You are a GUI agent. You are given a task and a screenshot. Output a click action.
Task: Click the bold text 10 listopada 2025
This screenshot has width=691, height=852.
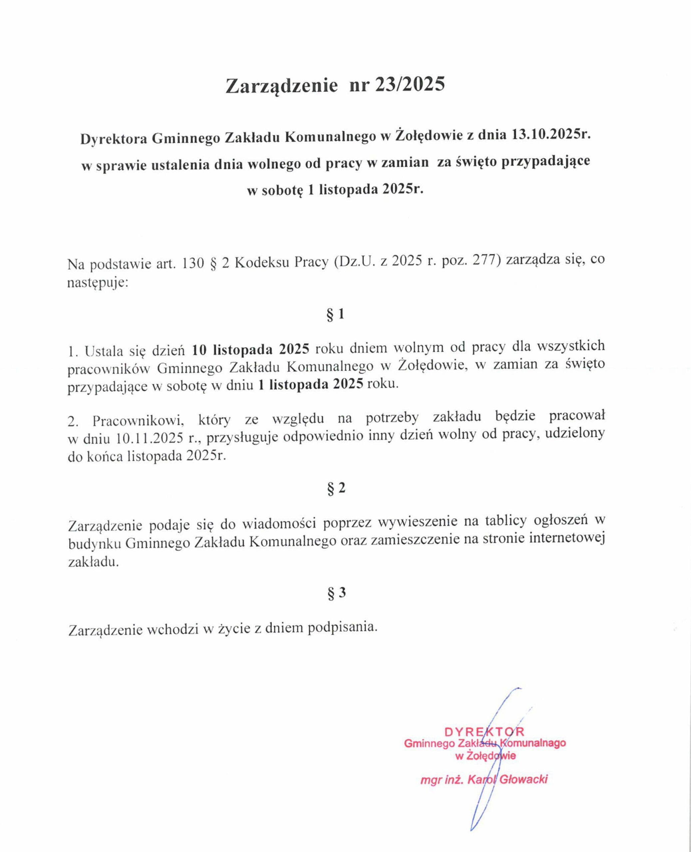[250, 349]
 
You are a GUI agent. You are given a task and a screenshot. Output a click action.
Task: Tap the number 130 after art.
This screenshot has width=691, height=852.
[193, 263]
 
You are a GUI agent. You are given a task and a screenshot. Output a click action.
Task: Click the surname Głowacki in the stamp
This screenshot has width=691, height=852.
[523, 779]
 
